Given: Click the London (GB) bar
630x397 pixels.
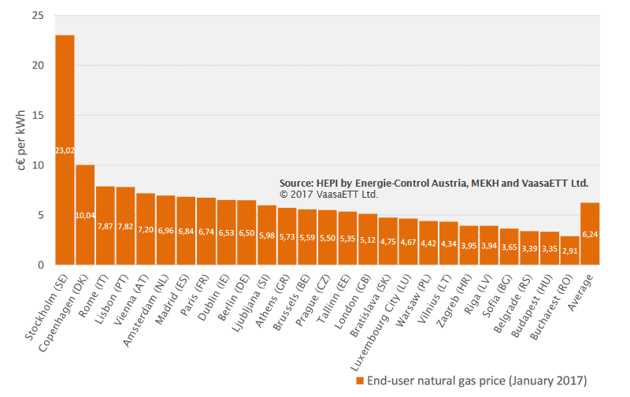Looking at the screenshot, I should pyautogui.click(x=368, y=239).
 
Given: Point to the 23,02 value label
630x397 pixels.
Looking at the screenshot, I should pyautogui.click(x=65, y=150).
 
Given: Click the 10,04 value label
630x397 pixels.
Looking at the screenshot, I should pyautogui.click(x=85, y=215).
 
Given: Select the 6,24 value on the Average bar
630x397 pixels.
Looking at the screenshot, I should pyautogui.click(x=590, y=234).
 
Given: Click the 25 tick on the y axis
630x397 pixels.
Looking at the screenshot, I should pyautogui.click(x=39, y=15).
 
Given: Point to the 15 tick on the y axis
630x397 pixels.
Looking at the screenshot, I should pyautogui.click(x=39, y=115).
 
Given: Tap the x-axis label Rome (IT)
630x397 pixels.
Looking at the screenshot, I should pyautogui.click(x=95, y=294).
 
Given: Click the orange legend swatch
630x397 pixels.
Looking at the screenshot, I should pyautogui.click(x=360, y=380).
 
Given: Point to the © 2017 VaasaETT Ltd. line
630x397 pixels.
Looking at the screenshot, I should pyautogui.click(x=328, y=194).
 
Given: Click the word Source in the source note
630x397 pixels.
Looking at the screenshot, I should pyautogui.click(x=296, y=183).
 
